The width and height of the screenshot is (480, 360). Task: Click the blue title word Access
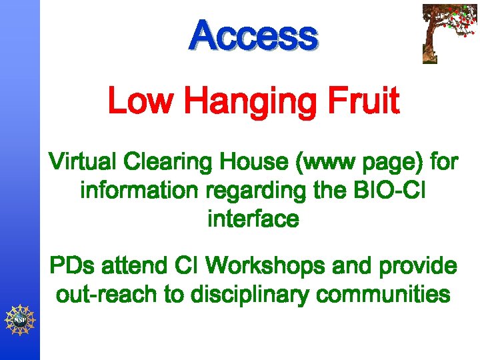click(x=253, y=36)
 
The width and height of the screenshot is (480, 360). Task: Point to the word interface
click(x=253, y=219)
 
